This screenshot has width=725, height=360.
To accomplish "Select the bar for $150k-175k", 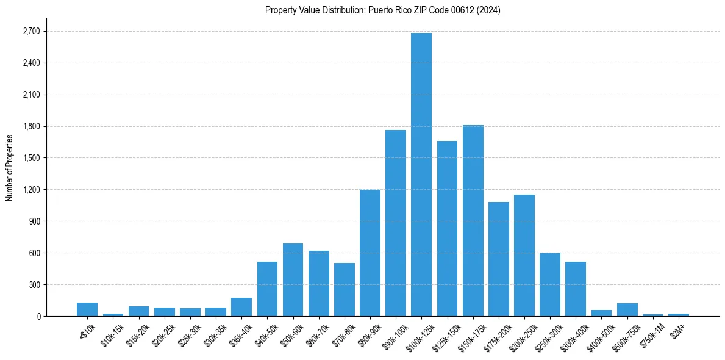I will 473,220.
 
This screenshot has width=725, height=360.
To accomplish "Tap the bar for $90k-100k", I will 396,223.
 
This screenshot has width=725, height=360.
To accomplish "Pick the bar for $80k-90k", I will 370,253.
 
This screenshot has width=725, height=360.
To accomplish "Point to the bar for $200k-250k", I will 524,255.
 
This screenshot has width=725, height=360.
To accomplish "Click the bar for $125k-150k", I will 447,228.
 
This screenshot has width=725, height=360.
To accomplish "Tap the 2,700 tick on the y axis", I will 30,32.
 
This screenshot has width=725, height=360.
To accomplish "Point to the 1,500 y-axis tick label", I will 30,158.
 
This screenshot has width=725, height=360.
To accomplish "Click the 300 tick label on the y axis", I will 34,285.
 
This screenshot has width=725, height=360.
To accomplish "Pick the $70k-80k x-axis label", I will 345,334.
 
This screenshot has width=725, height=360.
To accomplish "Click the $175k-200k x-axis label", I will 499,335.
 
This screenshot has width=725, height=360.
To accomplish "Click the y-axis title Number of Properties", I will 9,168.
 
